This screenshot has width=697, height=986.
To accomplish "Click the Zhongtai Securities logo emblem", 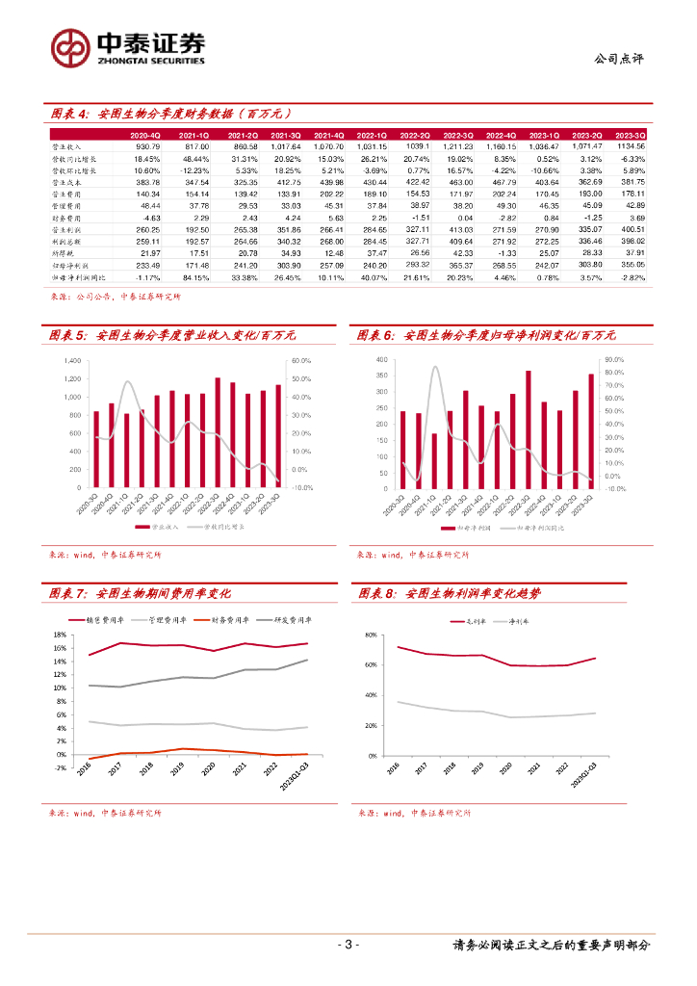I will [69, 46].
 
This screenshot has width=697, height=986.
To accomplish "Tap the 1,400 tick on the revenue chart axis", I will [72, 360].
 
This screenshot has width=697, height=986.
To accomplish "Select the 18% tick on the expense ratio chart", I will [59, 636].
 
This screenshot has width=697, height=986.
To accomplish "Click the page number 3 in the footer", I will [348, 945].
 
